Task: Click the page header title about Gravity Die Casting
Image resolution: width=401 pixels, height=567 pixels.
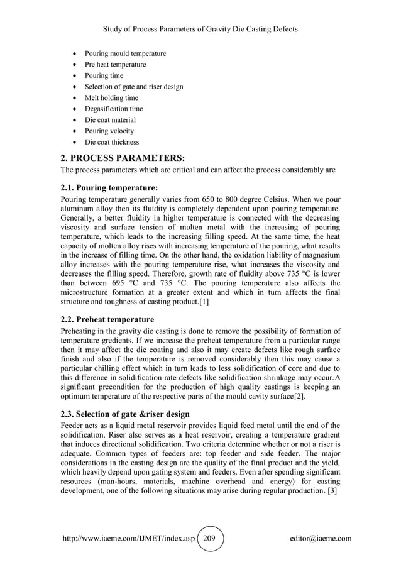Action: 200,29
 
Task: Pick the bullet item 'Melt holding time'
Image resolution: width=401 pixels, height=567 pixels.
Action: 111,98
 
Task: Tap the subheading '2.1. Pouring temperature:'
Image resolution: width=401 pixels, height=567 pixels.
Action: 107,187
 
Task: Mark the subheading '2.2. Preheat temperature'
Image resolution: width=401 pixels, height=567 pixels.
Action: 106,319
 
